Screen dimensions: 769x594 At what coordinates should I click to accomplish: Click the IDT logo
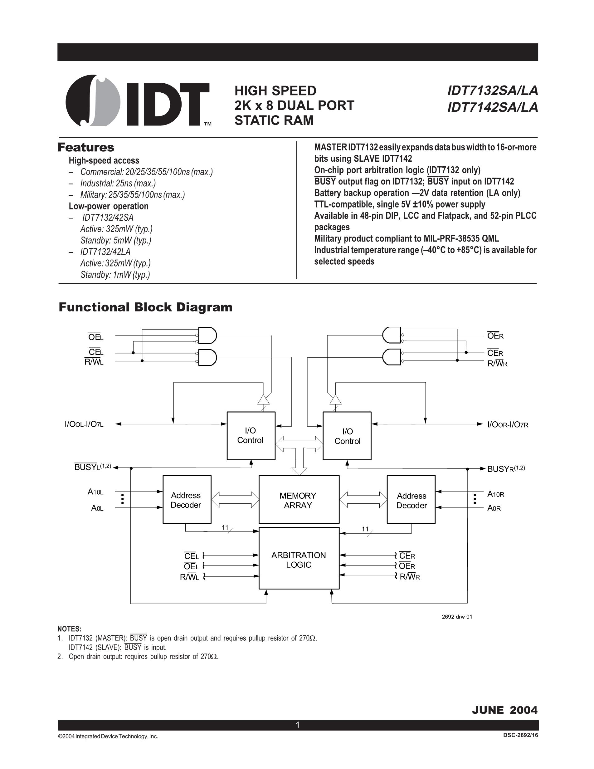[x=137, y=101]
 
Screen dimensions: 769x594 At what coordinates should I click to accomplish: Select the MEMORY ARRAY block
[x=299, y=500]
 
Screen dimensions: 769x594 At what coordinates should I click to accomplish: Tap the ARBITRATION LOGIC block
[x=299, y=560]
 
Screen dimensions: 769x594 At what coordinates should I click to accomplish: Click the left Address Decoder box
[x=187, y=500]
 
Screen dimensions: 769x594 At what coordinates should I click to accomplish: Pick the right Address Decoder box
[x=411, y=500]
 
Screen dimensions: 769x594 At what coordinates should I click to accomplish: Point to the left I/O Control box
[x=251, y=436]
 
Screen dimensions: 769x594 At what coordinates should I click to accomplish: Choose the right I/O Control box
[x=347, y=436]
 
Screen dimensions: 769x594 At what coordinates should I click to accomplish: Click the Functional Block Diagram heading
[x=145, y=307]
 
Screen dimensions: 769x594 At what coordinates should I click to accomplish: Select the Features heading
[x=86, y=147]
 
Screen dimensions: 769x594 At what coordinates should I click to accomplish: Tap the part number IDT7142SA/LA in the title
[x=492, y=107]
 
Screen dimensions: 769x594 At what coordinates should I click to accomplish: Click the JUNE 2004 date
[x=504, y=710]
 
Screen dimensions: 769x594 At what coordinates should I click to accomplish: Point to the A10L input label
[x=95, y=492]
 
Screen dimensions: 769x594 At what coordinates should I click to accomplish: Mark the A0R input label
[x=494, y=508]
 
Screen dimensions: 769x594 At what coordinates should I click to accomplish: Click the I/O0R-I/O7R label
[x=508, y=425]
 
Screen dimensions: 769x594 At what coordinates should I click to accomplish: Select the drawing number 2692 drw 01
[x=457, y=616]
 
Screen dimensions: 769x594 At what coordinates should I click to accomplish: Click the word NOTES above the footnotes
[x=69, y=629]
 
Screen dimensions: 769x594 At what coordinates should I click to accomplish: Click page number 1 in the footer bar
[x=298, y=725]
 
